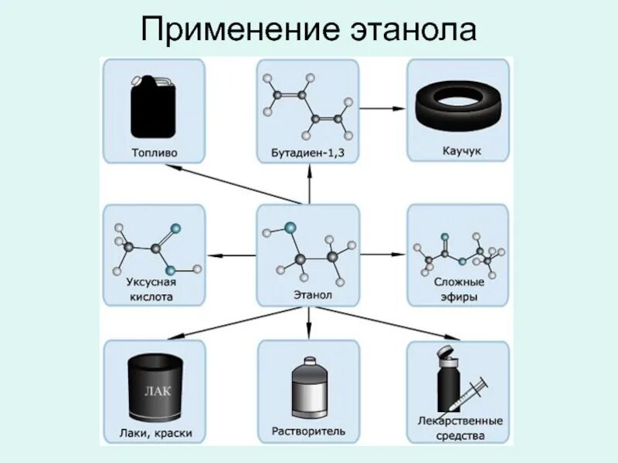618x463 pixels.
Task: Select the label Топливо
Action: pos(153,152)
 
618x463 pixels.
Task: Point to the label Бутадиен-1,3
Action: pos(307,153)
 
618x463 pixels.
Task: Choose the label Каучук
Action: pos(458,151)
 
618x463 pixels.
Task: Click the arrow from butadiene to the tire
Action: pos(382,108)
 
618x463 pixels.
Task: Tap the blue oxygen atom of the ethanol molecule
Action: pos(290,228)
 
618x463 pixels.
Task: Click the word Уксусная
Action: pos(153,282)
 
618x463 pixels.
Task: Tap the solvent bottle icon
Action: pos(307,389)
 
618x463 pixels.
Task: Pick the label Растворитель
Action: pos(307,430)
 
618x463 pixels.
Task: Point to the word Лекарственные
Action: pos(459,421)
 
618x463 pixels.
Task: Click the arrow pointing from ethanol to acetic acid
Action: pos(232,255)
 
